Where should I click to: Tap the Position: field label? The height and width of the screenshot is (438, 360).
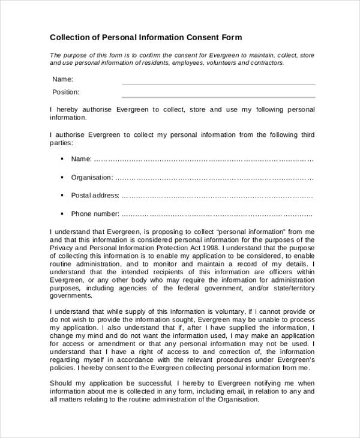pos(65,92)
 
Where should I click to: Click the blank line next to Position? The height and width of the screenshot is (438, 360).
pos(218,97)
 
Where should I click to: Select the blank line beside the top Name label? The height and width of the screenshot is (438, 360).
pos(218,84)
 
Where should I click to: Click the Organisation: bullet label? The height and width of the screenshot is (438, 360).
pos(92,178)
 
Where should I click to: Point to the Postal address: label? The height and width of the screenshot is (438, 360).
pos(95,196)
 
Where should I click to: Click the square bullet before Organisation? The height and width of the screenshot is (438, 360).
pos(62,178)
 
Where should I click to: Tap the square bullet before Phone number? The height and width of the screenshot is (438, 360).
pos(62,214)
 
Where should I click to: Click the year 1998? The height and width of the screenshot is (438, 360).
pos(213,247)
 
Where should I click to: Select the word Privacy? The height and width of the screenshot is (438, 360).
pos(62,247)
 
